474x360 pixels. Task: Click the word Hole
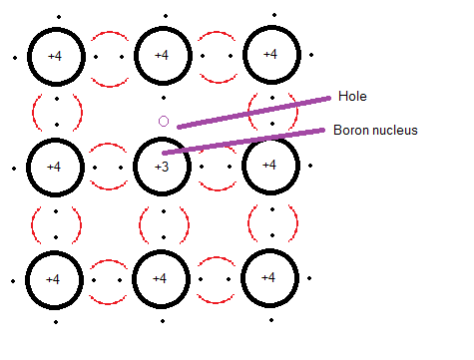pos(352,96)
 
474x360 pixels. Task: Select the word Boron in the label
pos(350,130)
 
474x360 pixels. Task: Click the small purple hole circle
pos(164,121)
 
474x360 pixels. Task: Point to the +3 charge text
pos(162,167)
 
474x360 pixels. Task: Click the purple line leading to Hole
pos(254,113)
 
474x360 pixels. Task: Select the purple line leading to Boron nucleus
pos(243,142)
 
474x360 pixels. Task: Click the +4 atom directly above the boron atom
pos(163,56)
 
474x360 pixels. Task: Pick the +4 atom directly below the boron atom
pos(161,279)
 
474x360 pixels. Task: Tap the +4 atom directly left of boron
pos(55,168)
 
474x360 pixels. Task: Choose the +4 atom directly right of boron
pos(270,166)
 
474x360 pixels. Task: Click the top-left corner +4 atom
pos(56,57)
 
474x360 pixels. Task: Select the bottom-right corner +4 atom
pos(269,278)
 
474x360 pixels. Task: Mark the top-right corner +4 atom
pos(271,55)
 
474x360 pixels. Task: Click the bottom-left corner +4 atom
pos(54,280)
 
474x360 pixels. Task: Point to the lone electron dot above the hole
pos(164,98)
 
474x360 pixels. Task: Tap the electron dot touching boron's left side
pos(121,168)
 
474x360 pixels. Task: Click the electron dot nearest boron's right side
pos(202,167)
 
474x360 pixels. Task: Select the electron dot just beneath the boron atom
pos(164,211)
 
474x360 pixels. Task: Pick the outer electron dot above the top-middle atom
pos(166,16)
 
